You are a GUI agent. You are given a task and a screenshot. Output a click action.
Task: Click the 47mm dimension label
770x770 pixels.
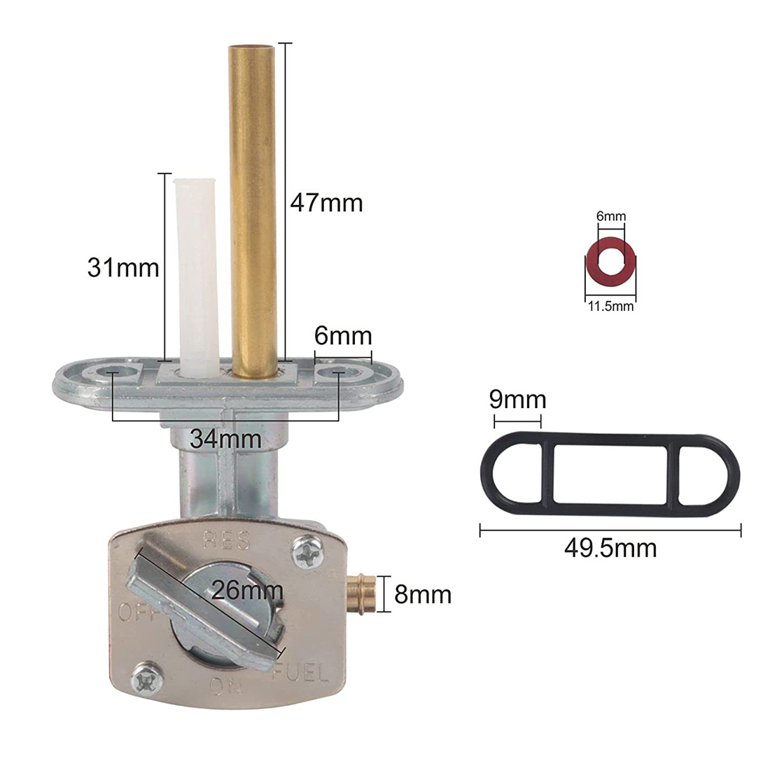pos(327,203)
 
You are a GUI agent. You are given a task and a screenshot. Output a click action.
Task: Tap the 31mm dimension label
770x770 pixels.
pos(123,267)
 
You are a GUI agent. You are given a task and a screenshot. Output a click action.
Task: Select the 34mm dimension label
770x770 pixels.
pos(225,438)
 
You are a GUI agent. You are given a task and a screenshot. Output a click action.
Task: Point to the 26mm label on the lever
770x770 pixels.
pos(247,590)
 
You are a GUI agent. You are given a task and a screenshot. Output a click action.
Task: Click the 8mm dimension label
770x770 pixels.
pos(423,594)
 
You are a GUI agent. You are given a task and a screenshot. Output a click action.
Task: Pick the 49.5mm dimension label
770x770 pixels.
pos(610,548)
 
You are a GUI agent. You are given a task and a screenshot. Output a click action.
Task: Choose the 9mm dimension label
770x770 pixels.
pos(517,400)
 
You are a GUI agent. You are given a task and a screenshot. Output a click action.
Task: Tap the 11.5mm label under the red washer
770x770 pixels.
pos(611,307)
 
